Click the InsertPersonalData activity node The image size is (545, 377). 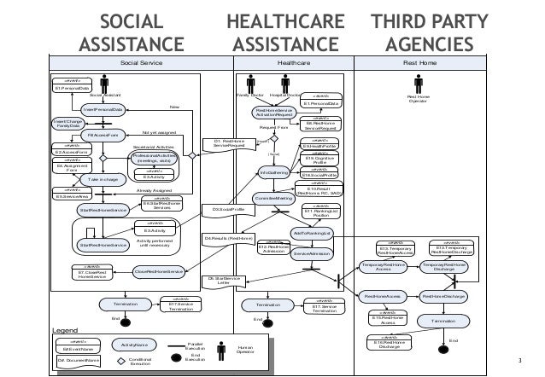[x=102, y=110]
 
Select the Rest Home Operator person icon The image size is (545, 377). [x=417, y=90]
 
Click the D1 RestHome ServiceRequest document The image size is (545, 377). [x=229, y=142]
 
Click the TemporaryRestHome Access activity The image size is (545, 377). [x=384, y=266]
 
